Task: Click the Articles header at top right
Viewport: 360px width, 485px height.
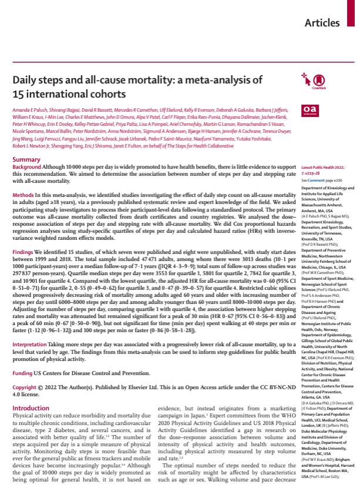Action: [329, 23]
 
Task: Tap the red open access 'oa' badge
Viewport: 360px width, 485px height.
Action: [309, 110]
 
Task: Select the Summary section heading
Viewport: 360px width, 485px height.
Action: [26, 160]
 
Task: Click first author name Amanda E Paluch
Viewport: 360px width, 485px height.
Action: [33, 111]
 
